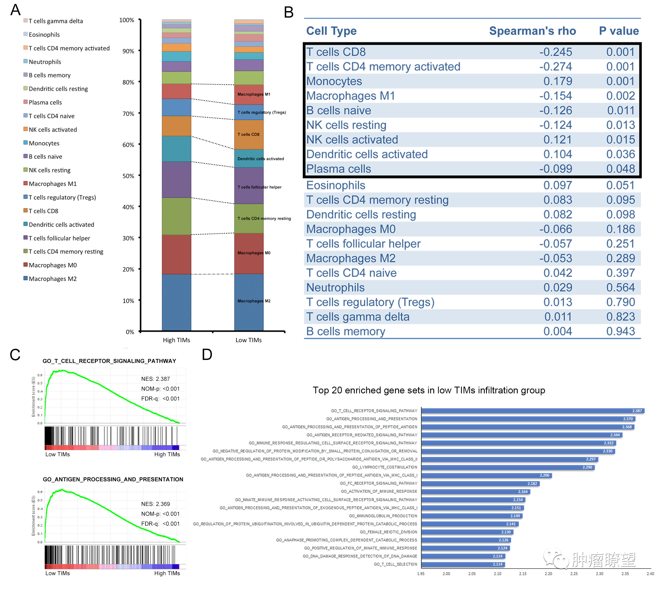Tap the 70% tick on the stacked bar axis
tap(128, 113)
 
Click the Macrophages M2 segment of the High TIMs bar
tap(177, 302)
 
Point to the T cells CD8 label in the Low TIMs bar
tap(248, 134)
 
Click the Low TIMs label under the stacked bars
tap(248, 340)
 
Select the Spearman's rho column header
tap(532, 31)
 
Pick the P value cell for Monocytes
tap(620, 81)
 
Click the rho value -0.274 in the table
tap(555, 67)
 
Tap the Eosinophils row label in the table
tap(335, 185)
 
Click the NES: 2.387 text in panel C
tap(155, 379)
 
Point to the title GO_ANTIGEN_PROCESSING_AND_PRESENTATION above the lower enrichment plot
tap(113, 479)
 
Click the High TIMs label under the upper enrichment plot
tap(167, 454)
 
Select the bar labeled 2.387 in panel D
tap(532, 411)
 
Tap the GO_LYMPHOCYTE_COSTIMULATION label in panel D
tap(384, 467)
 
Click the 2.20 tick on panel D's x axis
tap(548, 574)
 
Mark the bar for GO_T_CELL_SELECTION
tap(463, 564)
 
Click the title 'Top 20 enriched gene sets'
tap(429, 390)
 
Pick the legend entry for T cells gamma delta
tap(56, 21)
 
